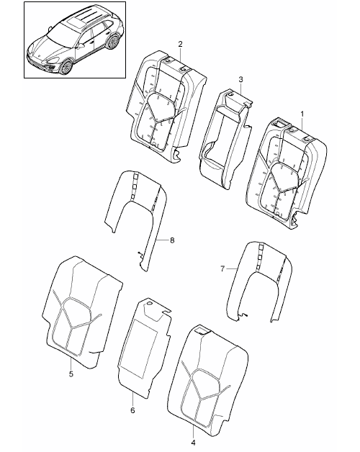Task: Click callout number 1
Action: (x=302, y=114)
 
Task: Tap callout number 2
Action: (x=180, y=44)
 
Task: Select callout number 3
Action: (x=241, y=79)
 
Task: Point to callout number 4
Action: (x=193, y=442)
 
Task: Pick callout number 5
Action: (x=71, y=374)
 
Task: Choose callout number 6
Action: (x=132, y=410)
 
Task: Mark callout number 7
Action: (x=222, y=269)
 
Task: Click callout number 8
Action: (x=172, y=240)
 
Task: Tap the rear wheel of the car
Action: (x=113, y=42)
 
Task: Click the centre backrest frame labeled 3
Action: (x=225, y=138)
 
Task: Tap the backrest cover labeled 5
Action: (x=82, y=312)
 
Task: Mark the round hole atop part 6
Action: (x=150, y=304)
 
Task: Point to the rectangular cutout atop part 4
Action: (x=202, y=330)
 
